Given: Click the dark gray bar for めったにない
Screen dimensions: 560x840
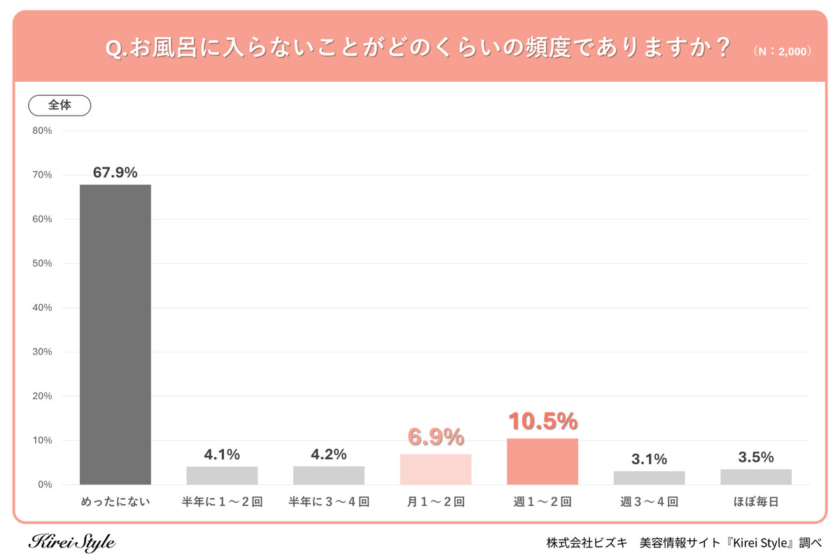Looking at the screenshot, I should coord(115,335).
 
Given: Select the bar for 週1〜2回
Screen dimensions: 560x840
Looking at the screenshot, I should coord(542,461).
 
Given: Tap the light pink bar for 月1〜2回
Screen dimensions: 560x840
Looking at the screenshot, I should coord(435,469).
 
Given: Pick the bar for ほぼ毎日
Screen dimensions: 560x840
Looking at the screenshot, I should coord(756,477).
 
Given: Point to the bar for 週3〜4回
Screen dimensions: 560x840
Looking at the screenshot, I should coord(649,477).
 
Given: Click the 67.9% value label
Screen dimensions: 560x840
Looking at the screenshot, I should coord(115,172).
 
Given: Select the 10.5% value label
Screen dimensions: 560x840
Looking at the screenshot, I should coord(542,421).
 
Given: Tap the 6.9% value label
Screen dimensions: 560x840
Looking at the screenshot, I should coord(435,437).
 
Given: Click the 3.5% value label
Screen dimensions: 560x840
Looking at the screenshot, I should coord(756,457).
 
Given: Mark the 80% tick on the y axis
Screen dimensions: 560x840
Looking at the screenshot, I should coord(42,131).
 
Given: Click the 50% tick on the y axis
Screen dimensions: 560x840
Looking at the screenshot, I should coord(42,263).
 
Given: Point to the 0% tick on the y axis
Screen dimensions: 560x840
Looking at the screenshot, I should coord(44,484).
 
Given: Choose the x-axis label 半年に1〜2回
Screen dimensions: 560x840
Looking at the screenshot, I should coord(222,502).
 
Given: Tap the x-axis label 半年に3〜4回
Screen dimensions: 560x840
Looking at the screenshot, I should coord(329,502).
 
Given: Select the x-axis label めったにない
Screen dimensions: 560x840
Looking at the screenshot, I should coord(115,502).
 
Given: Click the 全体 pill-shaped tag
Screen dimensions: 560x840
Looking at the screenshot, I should coord(59,105).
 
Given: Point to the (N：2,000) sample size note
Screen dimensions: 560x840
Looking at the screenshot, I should coord(782,52).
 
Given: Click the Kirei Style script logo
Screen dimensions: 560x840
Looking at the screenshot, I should coord(72,542).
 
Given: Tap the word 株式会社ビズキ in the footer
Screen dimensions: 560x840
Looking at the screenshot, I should coord(587,542).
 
